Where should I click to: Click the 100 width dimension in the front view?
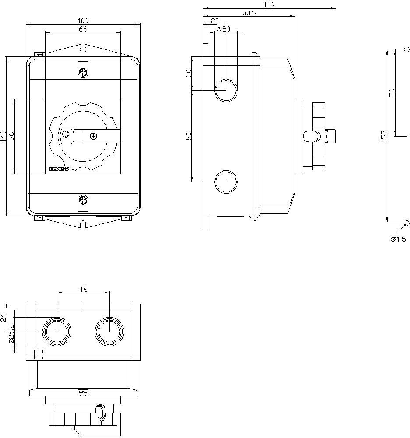tap(83, 21)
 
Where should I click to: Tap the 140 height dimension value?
tap(4, 136)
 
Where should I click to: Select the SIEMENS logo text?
tap(58, 169)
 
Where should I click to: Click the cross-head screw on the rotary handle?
tap(93, 136)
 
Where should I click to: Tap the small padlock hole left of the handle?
tap(66, 134)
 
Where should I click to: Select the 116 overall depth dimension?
tap(269, 5)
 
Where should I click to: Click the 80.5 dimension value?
tap(249, 13)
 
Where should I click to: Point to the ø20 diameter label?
tap(223, 29)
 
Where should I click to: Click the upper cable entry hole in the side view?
tap(226, 90)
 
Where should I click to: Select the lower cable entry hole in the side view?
tap(226, 181)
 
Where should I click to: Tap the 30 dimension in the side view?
tap(189, 73)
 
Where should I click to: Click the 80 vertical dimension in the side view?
tap(189, 136)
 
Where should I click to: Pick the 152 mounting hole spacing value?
tap(384, 136)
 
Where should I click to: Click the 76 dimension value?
tap(392, 92)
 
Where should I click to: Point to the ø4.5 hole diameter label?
tap(398, 239)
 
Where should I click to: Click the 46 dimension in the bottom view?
tap(83, 289)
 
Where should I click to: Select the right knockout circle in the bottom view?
tap(109, 331)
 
